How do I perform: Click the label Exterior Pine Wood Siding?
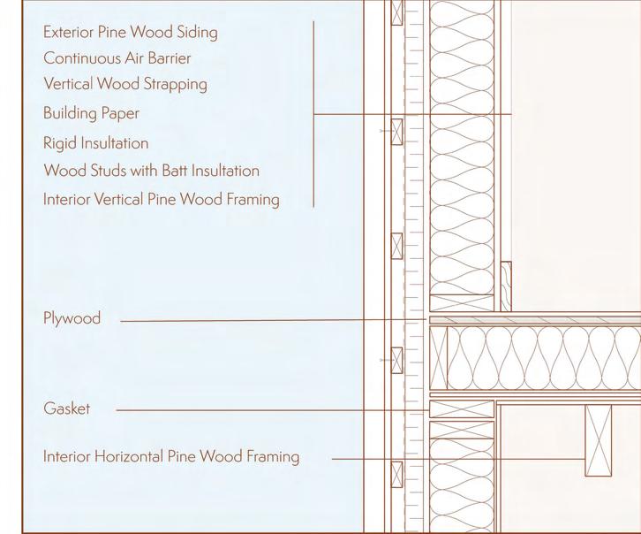130,33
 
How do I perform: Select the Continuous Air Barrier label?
117,58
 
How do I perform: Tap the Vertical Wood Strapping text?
124,84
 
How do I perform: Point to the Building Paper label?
91,113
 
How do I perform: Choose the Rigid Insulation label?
95,142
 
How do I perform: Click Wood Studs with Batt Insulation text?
151,170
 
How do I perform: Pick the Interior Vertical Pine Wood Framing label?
161,199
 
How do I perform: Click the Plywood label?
72,317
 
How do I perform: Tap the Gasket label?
66,409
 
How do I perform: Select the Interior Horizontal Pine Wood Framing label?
171,457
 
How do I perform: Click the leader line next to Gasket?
265,410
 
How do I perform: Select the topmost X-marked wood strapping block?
396,12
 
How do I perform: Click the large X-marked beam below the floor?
598,440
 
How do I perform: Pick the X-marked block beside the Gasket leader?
462,409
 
